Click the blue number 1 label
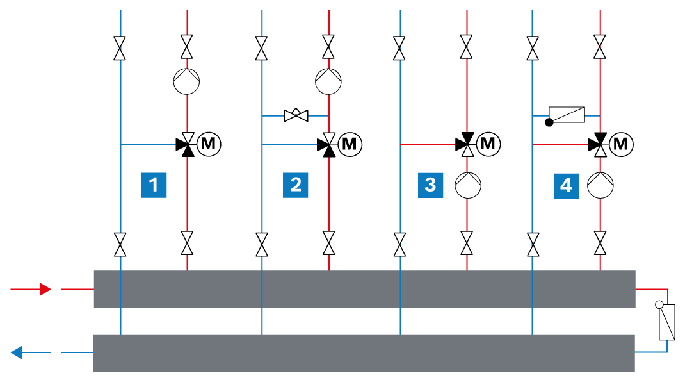click(154, 185)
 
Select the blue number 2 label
click(295, 185)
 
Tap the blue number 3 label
click(430, 185)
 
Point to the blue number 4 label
click(566, 186)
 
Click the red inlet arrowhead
click(45, 289)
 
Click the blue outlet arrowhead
click(17, 352)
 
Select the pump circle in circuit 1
click(186, 81)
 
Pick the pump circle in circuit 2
click(328, 81)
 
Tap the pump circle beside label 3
click(468, 185)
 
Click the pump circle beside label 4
click(600, 185)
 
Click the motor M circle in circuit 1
click(209, 144)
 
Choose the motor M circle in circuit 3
click(488, 144)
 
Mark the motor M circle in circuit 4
click(621, 144)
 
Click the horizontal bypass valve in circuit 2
click(296, 115)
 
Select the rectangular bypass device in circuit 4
click(567, 115)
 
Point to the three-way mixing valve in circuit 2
click(328, 144)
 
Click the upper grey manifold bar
click(364, 289)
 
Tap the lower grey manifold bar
click(364, 353)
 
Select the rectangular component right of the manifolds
click(666, 322)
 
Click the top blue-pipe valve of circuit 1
click(120, 48)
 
